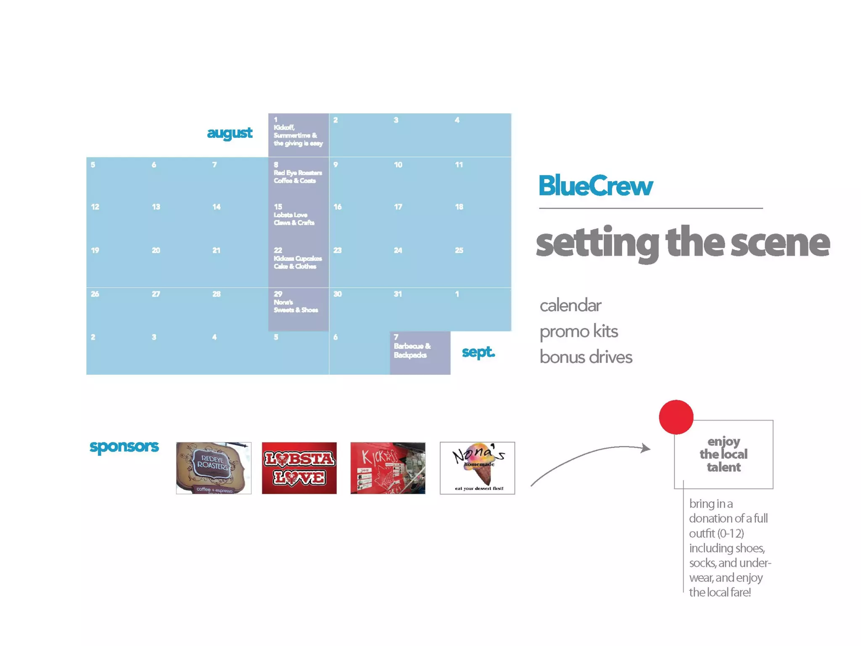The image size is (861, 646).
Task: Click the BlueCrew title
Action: pyautogui.click(x=595, y=186)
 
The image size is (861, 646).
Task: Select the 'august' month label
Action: pyautogui.click(x=230, y=133)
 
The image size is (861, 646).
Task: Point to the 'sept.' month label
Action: pyautogui.click(x=478, y=352)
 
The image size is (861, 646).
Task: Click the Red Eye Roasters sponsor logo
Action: pyautogui.click(x=214, y=468)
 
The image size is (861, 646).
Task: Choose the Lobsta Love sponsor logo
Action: pyautogui.click(x=299, y=468)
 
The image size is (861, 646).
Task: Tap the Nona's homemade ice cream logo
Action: pyautogui.click(x=477, y=468)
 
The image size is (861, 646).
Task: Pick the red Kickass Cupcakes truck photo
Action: pyautogui.click(x=388, y=468)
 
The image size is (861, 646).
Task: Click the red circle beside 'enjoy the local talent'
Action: pyautogui.click(x=676, y=417)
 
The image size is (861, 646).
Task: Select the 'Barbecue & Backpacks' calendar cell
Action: pyautogui.click(x=420, y=352)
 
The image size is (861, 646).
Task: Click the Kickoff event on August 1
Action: pyautogui.click(x=298, y=135)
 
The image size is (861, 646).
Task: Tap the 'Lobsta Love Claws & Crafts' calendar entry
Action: pyautogui.click(x=294, y=218)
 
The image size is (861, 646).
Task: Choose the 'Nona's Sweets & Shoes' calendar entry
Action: pyautogui.click(x=296, y=306)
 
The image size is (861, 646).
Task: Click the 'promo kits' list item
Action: pyautogui.click(x=578, y=331)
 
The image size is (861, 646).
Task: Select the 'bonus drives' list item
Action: pyautogui.click(x=586, y=357)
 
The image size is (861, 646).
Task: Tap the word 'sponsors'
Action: pyautogui.click(x=124, y=446)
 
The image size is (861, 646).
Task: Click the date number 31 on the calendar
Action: pyautogui.click(x=398, y=294)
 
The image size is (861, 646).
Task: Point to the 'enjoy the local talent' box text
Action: pyautogui.click(x=723, y=454)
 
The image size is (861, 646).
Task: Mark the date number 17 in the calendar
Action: pyautogui.click(x=398, y=207)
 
